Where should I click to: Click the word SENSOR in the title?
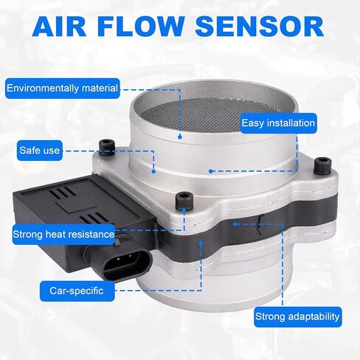tap(260, 27)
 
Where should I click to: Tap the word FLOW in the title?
tap(141, 27)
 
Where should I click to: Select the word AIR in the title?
tap(59, 27)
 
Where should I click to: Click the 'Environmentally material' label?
tap(63, 89)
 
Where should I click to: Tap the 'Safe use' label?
tap(40, 150)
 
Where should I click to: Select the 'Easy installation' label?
tap(278, 123)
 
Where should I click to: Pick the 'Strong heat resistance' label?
tap(63, 235)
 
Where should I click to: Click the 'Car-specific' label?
tap(77, 291)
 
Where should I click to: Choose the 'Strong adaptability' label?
tap(297, 316)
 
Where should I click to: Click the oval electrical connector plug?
tap(125, 265)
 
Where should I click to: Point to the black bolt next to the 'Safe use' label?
tap(106, 148)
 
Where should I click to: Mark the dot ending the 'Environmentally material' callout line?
tap(180, 136)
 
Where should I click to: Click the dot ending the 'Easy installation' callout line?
tap(210, 171)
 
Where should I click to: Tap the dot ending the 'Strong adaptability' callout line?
tap(235, 224)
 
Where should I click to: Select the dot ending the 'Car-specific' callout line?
tap(201, 243)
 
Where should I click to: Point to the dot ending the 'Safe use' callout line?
tap(153, 172)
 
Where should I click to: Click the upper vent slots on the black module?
tap(62, 193)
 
